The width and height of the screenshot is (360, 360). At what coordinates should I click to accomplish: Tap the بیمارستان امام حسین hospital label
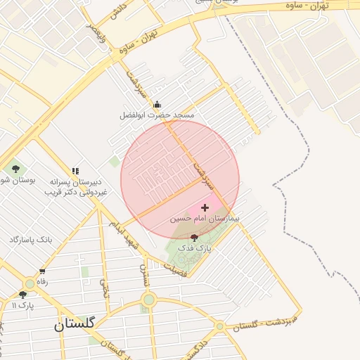coord(205,219)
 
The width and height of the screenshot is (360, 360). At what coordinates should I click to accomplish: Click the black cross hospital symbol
coord(205,207)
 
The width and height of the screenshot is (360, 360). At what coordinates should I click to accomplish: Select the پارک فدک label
coord(194,248)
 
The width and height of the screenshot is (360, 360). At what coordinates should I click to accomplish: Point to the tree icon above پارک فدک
coord(194,238)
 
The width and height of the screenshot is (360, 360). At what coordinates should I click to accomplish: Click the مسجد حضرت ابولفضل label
coord(156,114)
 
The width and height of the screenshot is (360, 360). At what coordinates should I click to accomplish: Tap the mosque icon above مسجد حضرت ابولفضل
coord(156,104)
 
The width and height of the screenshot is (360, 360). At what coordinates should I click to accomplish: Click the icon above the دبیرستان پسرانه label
coord(75,170)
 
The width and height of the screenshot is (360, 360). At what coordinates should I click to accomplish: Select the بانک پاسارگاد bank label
coord(31,240)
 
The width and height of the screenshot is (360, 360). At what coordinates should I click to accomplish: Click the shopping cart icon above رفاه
coord(42,271)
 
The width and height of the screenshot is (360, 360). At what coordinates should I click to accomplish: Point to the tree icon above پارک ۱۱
coord(23,295)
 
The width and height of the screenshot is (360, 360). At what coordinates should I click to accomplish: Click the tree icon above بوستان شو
coord(15,169)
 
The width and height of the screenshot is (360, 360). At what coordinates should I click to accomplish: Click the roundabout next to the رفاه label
coord(30,281)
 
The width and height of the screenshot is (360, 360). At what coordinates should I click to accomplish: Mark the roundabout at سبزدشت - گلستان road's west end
coord(220,326)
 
